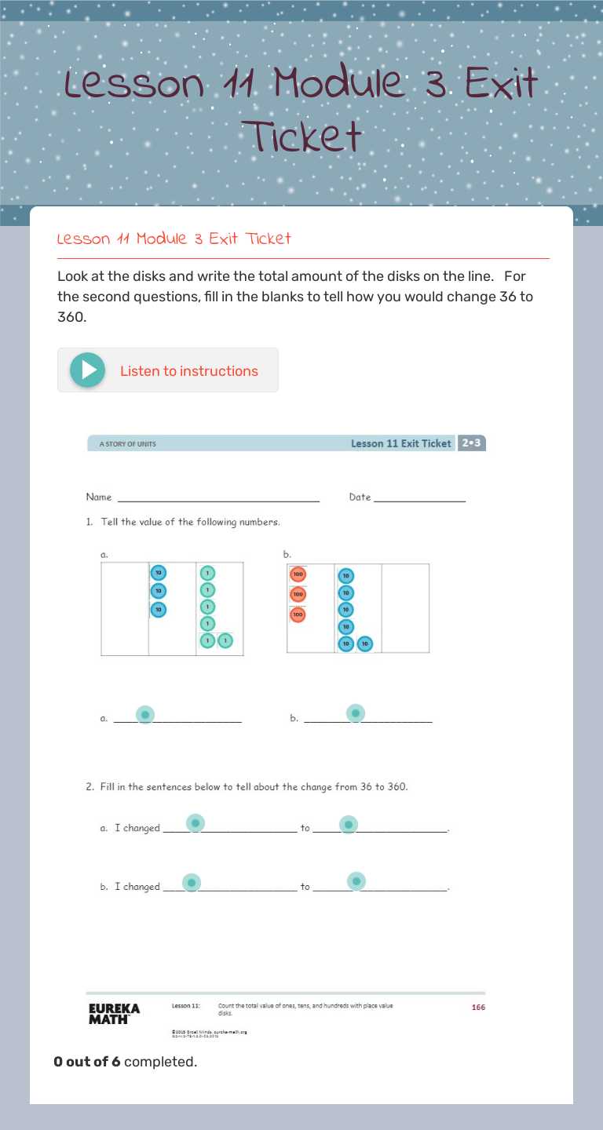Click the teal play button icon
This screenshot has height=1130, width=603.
(x=87, y=370)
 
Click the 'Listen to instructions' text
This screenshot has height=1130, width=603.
(x=188, y=371)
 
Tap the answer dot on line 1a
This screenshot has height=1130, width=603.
(x=144, y=715)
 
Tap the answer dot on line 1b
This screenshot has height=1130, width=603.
(x=356, y=713)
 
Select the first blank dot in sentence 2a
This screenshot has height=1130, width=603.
(x=196, y=823)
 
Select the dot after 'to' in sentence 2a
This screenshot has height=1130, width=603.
(x=349, y=825)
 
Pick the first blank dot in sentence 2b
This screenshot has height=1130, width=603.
(x=192, y=883)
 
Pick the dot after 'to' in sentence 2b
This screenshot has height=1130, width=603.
(x=356, y=881)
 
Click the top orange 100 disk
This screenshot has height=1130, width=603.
(x=298, y=574)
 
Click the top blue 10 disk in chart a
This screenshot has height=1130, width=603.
(x=159, y=574)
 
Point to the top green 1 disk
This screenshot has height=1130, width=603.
(x=207, y=574)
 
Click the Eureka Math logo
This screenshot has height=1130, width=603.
(x=114, y=1013)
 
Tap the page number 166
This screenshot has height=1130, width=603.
(x=478, y=1008)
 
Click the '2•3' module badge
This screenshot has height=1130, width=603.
(x=472, y=443)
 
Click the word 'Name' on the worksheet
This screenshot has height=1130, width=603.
(x=99, y=498)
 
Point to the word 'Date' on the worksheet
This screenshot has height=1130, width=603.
(x=360, y=498)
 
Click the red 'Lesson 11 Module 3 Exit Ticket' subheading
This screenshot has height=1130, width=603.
(x=174, y=239)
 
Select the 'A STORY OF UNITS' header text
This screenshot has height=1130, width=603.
(x=127, y=444)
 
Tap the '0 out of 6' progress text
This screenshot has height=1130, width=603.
(x=87, y=1062)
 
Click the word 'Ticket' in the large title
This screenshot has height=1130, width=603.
(x=301, y=136)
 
